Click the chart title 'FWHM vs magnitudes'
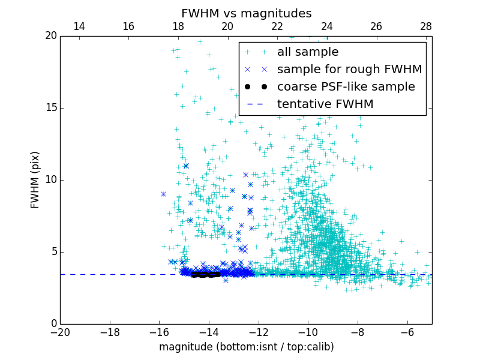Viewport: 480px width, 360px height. tap(246, 13)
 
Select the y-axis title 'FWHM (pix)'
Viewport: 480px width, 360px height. tap(35, 179)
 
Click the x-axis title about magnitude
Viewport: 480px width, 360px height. tap(246, 347)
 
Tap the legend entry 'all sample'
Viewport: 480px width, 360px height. tap(308, 52)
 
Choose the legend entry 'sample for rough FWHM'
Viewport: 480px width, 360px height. tap(349, 70)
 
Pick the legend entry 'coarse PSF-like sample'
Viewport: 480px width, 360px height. tap(346, 87)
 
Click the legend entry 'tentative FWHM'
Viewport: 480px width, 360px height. tap(325, 104)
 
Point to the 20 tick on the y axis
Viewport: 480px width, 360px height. tap(50, 36)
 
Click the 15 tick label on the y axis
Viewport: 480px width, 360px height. tap(50, 108)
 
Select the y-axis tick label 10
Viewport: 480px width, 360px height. tap(50, 180)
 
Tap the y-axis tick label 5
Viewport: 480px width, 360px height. tap(53, 252)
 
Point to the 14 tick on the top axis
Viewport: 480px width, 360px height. tap(79, 26)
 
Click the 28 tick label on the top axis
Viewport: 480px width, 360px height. tap(426, 26)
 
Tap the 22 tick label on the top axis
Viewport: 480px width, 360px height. tap(277, 26)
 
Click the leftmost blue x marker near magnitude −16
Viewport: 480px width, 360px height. tap(163, 194)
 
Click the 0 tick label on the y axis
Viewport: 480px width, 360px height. tap(53, 324)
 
